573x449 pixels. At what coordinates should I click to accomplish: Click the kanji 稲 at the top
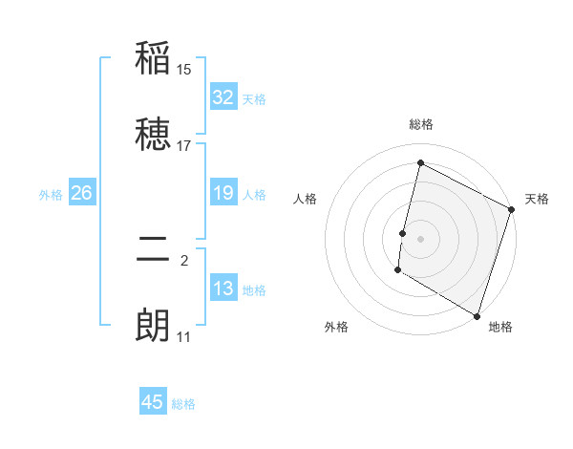click(x=153, y=58)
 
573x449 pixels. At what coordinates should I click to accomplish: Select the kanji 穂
click(x=153, y=136)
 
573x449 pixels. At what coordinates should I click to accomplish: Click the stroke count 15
click(x=184, y=70)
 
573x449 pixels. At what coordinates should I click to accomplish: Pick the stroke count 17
click(x=184, y=146)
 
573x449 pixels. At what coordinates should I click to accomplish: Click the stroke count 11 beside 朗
click(x=184, y=337)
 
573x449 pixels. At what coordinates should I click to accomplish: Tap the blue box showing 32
click(x=223, y=97)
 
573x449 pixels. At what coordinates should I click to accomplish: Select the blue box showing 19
click(x=223, y=193)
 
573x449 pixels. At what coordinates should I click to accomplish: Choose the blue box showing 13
click(x=223, y=289)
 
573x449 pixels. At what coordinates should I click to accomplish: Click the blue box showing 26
click(x=81, y=193)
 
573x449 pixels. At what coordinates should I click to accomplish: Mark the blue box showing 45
click(x=153, y=402)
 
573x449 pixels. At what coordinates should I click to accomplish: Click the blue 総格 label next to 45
click(x=183, y=404)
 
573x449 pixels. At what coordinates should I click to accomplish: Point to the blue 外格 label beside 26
click(x=51, y=194)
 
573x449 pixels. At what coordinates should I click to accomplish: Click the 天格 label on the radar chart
click(x=537, y=199)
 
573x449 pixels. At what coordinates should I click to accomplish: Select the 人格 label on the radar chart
click(x=306, y=199)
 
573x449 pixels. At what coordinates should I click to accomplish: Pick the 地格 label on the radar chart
click(x=500, y=327)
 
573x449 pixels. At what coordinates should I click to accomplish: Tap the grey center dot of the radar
click(x=421, y=237)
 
